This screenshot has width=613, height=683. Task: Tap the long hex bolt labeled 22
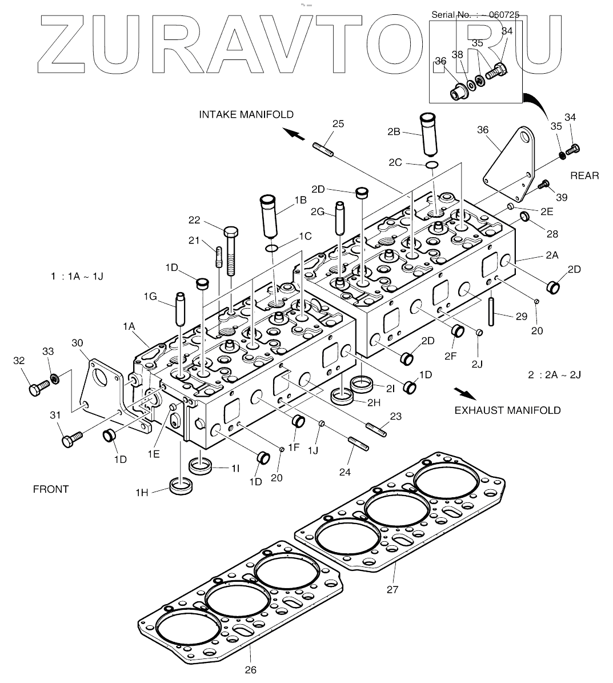click(x=230, y=251)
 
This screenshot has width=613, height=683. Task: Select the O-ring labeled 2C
click(x=432, y=165)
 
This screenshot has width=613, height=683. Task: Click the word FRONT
click(x=51, y=489)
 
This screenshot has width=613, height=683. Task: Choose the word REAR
click(x=584, y=175)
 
